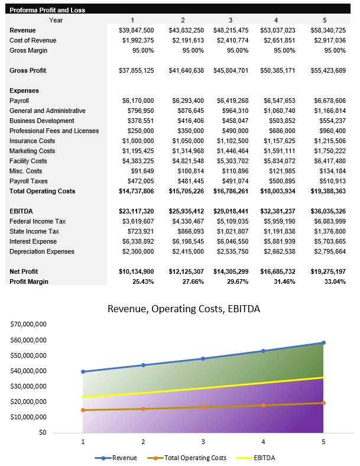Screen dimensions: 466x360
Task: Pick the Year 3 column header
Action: (231, 20)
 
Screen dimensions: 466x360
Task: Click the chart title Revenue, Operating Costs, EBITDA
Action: (183, 309)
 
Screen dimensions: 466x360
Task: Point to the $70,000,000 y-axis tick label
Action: (29, 325)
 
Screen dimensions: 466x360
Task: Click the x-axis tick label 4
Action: (263, 442)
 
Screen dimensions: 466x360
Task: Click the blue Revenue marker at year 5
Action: (323, 342)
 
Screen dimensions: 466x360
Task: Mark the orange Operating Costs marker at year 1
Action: (83, 410)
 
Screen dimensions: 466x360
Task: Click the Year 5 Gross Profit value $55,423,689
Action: (328, 70)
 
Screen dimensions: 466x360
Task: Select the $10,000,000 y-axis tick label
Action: (29, 417)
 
